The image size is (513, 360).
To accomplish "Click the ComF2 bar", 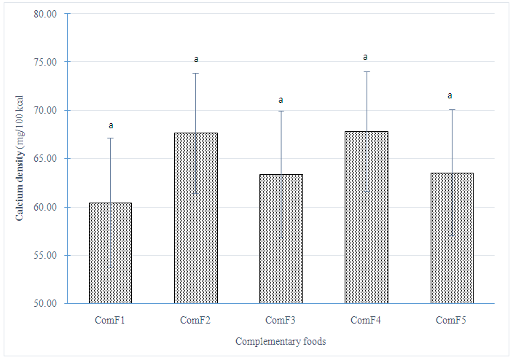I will [195, 218].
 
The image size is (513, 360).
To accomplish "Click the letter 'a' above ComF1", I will [111, 125].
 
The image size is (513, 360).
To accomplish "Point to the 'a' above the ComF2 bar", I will [196, 60].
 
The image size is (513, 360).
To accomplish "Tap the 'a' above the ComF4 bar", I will [366, 57].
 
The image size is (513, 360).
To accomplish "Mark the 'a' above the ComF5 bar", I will [450, 95].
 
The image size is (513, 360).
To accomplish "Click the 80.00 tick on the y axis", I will [44, 14].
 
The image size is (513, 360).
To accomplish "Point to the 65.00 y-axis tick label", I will [44, 159].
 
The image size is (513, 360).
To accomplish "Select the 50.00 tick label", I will [44, 304].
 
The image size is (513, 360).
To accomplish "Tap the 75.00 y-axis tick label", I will [44, 62].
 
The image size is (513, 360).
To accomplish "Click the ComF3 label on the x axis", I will [281, 320].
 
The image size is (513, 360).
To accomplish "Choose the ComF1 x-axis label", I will [110, 320].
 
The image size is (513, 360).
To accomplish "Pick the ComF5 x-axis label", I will [451, 320].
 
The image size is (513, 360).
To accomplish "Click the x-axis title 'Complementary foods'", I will [281, 342].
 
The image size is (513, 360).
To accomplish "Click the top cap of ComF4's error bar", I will [366, 71].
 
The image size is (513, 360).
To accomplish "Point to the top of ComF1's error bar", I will [111, 138].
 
